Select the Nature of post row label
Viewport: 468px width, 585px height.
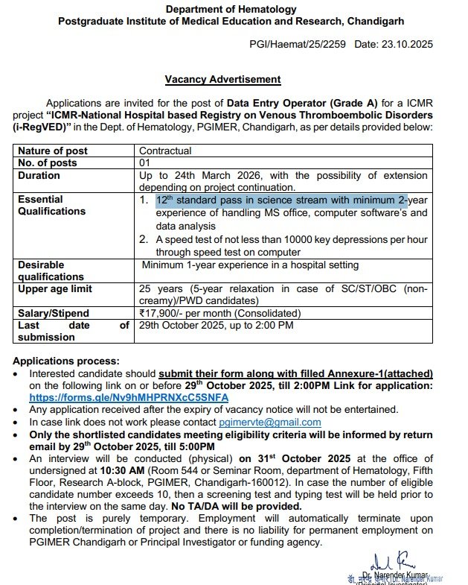[53, 151]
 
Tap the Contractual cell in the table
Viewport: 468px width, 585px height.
[166, 151]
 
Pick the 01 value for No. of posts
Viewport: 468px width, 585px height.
[145, 163]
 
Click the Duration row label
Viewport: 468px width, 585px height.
[39, 176]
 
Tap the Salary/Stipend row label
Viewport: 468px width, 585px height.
[54, 314]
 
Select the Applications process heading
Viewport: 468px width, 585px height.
[66, 361]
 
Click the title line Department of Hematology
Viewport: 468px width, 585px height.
[230, 10]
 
